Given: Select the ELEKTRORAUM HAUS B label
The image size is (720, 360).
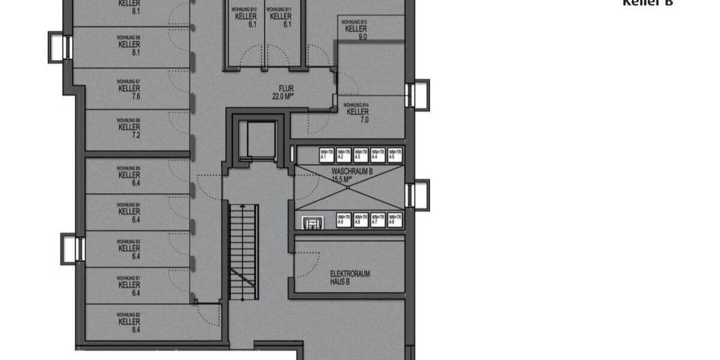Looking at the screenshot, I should [x=350, y=277].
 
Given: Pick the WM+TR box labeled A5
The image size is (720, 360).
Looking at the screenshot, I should [x=395, y=155].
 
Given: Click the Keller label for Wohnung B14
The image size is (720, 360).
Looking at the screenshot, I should [x=358, y=112].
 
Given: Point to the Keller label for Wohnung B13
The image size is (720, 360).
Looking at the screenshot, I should [x=356, y=29].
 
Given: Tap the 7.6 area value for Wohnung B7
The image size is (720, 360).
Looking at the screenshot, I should [x=129, y=96].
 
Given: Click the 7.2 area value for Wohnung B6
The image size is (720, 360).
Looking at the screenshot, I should [x=129, y=135].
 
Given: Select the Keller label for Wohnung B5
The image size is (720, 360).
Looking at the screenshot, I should [x=129, y=175].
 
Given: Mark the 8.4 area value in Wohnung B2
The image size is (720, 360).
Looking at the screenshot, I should [x=129, y=329].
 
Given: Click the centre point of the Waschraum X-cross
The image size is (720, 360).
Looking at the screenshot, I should [x=348, y=187].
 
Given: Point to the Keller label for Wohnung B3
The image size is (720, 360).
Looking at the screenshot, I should [x=129, y=248].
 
